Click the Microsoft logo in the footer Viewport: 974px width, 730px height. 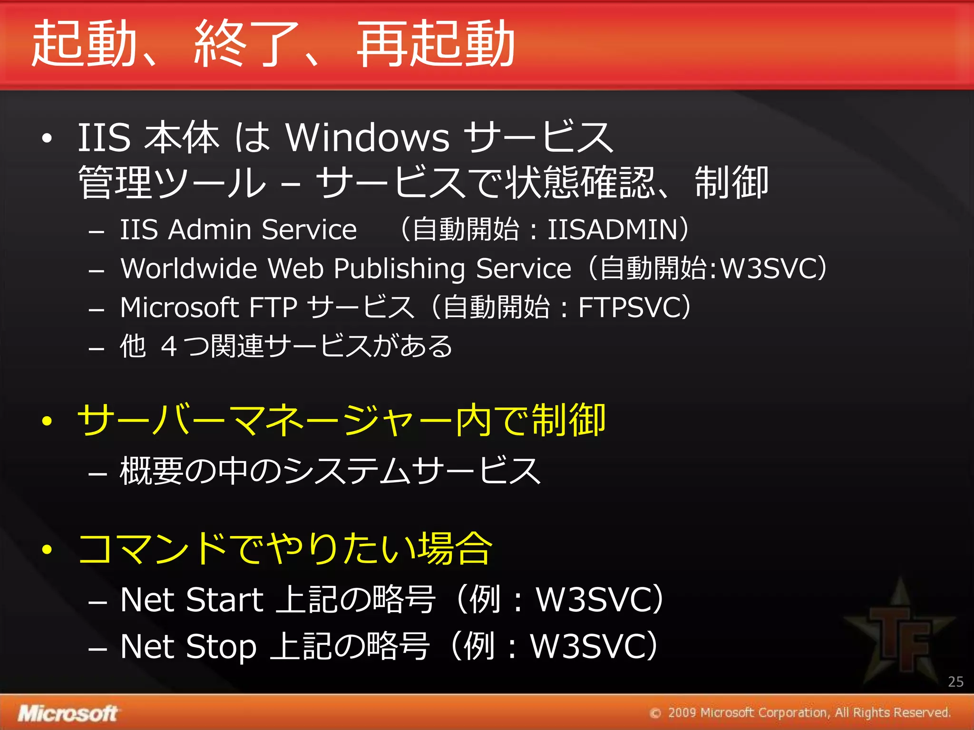click(68, 713)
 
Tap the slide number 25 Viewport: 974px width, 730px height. click(955, 682)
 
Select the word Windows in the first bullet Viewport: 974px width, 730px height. click(367, 137)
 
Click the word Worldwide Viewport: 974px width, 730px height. click(188, 269)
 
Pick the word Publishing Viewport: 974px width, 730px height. click(399, 269)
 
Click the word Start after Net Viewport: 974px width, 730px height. click(224, 600)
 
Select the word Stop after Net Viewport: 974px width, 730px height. click(221, 647)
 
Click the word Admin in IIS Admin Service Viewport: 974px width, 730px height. click(210, 230)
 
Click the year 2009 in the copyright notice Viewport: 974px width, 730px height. click(682, 713)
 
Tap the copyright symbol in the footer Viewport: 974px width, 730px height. click(655, 713)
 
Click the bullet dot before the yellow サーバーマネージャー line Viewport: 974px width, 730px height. click(47, 421)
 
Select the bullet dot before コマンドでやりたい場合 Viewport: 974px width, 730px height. click(47, 549)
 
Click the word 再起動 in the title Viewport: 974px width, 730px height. click(436, 44)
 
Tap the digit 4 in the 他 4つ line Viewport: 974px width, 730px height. click(169, 346)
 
